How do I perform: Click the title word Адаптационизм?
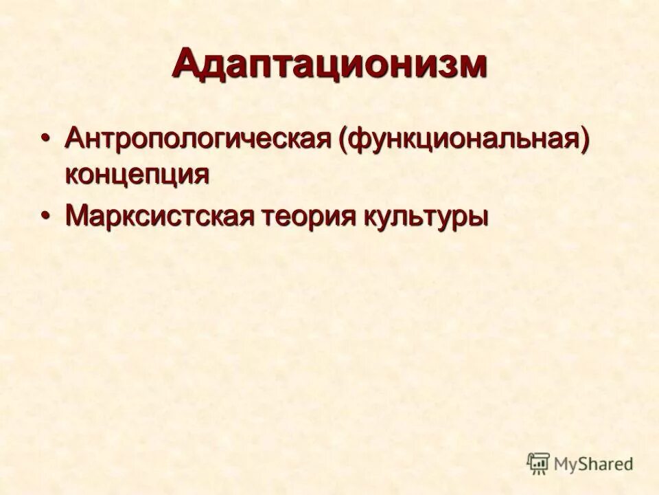coord(329,65)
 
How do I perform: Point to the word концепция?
coord(137,173)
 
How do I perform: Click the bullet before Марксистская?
coord(46,216)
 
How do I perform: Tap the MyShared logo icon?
coord(538,464)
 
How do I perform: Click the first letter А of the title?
coord(188,65)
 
